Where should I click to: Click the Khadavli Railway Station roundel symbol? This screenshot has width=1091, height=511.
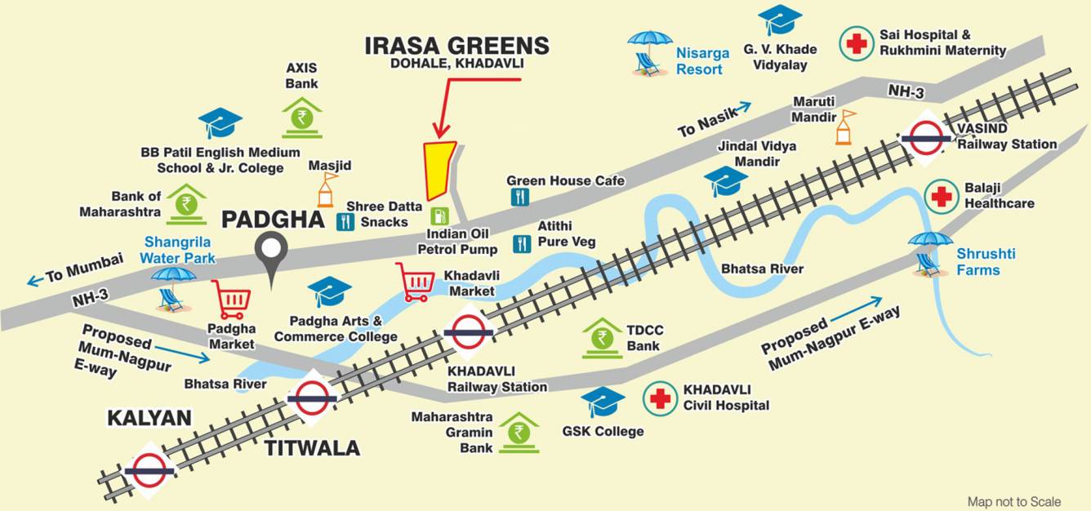pos(469,332)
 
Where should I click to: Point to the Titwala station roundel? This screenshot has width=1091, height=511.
pos(312,398)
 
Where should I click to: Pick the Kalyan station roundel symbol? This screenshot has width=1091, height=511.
pos(149,471)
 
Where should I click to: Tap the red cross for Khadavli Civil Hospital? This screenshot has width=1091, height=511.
pos(660,398)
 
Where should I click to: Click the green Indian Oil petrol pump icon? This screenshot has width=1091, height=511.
pos(439,216)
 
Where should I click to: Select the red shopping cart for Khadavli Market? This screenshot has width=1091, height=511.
pos(415,282)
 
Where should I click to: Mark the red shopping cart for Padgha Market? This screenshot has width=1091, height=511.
pos(230,300)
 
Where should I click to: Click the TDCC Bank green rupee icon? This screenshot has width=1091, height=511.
pos(603,338)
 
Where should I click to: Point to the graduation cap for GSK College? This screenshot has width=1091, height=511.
pos(603,402)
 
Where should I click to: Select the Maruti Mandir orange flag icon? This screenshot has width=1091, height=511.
pos(845,127)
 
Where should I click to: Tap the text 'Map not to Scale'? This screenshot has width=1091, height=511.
pos(1014,501)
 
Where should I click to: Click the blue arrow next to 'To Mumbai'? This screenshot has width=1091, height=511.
pos(35,281)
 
